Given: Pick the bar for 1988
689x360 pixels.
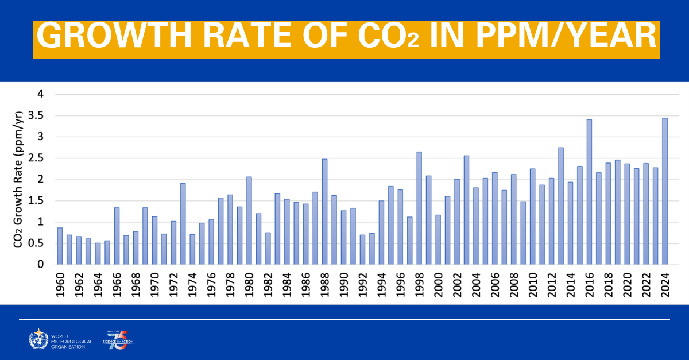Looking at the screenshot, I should pyautogui.click(x=324, y=212).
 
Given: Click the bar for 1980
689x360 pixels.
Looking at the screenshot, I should pyautogui.click(x=249, y=220).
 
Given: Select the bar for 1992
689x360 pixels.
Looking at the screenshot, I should pyautogui.click(x=362, y=250).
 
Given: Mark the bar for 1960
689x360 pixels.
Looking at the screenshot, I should pyautogui.click(x=60, y=246).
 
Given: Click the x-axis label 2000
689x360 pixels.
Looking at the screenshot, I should pyautogui.click(x=438, y=284).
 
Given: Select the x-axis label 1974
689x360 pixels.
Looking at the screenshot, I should pyautogui.click(x=192, y=284).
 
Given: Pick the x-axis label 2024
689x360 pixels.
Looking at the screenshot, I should pyautogui.click(x=665, y=284).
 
